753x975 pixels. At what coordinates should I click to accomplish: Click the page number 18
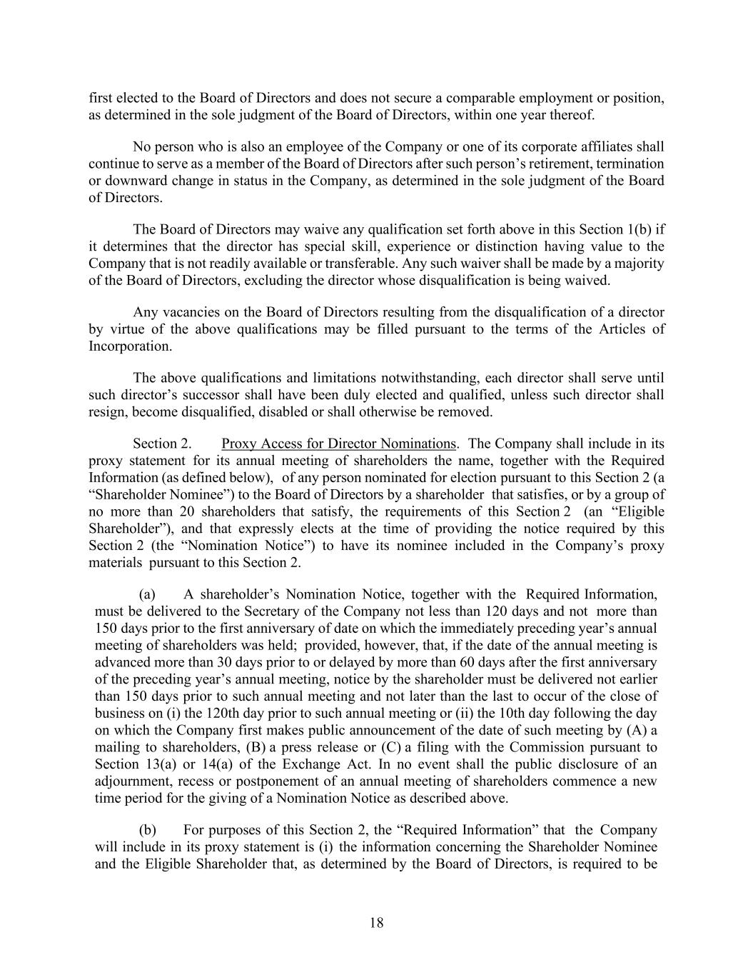pos(377,922)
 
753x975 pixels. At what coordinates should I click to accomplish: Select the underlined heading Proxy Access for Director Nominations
pos(338,444)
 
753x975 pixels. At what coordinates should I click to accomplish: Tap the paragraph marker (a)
pos(147,594)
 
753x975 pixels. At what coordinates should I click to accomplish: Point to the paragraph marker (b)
pos(147,830)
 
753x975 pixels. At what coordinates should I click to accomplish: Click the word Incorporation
pos(120,346)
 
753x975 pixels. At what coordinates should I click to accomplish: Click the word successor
pos(189,395)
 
